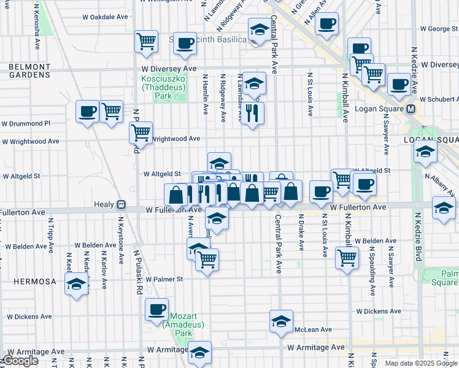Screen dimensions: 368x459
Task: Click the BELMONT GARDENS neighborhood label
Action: point(29,70)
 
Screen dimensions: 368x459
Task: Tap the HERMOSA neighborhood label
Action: point(28,282)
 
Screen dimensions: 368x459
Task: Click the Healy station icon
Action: point(121,204)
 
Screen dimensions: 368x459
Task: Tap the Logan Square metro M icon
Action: point(411,109)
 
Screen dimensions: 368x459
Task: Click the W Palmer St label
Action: point(163,279)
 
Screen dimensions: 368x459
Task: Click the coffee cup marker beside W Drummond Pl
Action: point(87,112)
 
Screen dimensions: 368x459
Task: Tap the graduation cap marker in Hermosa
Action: point(76,284)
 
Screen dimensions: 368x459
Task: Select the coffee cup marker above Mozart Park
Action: point(156,309)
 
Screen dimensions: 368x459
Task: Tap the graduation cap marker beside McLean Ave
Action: point(281,320)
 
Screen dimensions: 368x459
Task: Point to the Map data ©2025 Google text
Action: point(421,363)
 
